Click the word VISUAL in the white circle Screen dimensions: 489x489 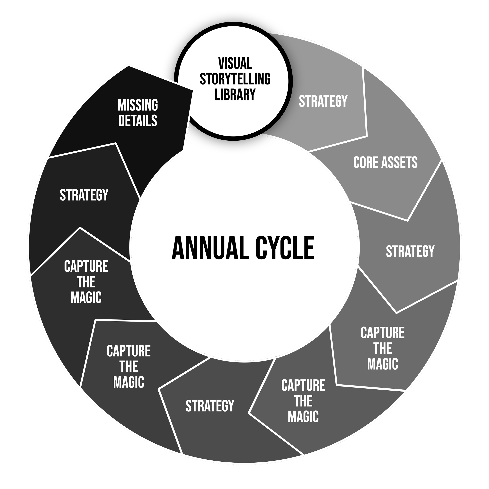point(235,63)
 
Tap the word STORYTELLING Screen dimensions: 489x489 point(235,79)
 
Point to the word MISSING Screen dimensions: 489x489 point(138,105)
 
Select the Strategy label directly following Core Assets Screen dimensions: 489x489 point(410,251)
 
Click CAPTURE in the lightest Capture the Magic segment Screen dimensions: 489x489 point(382,333)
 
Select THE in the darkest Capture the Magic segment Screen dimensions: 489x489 point(86,282)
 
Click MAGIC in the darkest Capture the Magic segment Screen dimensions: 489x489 point(86,297)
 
